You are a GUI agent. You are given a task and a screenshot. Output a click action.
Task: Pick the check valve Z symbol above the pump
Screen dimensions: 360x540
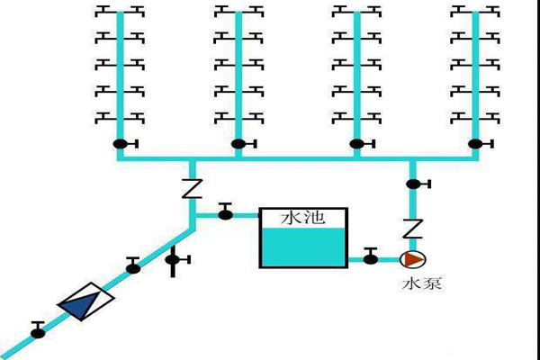413,227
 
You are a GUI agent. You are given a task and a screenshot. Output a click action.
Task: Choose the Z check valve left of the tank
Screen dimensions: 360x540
191,189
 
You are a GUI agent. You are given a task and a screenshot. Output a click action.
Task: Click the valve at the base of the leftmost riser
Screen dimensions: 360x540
120,144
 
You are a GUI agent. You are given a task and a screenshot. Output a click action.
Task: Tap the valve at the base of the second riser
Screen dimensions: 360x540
238,144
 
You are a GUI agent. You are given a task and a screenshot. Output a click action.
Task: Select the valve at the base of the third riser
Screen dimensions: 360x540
357,144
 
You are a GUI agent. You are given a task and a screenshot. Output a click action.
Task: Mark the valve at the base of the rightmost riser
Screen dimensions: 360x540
475,144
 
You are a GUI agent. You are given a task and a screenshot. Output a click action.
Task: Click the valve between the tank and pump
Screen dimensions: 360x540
370,258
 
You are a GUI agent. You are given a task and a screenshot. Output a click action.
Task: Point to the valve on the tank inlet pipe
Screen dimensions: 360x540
225,212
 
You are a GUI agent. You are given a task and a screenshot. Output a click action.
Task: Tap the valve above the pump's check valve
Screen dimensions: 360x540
413,184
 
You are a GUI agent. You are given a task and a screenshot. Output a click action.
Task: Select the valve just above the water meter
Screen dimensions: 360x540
133,265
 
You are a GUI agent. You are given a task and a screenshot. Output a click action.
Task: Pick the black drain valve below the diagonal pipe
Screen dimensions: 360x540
175,261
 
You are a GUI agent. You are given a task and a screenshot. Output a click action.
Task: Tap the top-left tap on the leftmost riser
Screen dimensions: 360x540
103,11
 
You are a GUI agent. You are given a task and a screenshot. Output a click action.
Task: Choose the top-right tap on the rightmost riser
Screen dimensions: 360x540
492,11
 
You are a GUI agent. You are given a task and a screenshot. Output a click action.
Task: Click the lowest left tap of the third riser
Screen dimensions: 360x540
342,116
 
